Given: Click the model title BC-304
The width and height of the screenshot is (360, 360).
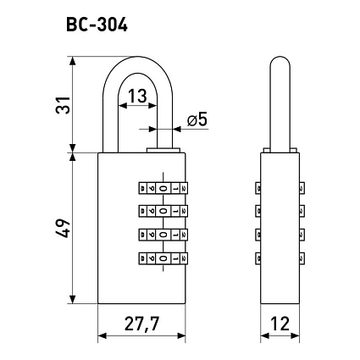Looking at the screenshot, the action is pyautogui.click(x=97, y=25).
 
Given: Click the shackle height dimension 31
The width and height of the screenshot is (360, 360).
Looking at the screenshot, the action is pyautogui.click(x=63, y=105).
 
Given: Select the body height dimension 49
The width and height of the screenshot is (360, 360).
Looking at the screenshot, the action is pyautogui.click(x=63, y=228).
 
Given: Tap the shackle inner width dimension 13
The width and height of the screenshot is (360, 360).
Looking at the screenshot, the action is pyautogui.click(x=138, y=96).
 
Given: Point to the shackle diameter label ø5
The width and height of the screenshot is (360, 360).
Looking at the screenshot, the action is pyautogui.click(x=197, y=119).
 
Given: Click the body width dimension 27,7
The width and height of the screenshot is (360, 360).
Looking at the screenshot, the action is pyautogui.click(x=141, y=324).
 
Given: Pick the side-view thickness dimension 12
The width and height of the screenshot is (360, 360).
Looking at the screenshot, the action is pyautogui.click(x=280, y=324).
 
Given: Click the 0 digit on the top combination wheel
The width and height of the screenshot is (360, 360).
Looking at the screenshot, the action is pyautogui.click(x=163, y=188).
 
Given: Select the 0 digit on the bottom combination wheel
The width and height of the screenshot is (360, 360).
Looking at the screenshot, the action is pyautogui.click(x=163, y=258).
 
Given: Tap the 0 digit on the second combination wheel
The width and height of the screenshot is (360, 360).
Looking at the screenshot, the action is pyautogui.click(x=163, y=211).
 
